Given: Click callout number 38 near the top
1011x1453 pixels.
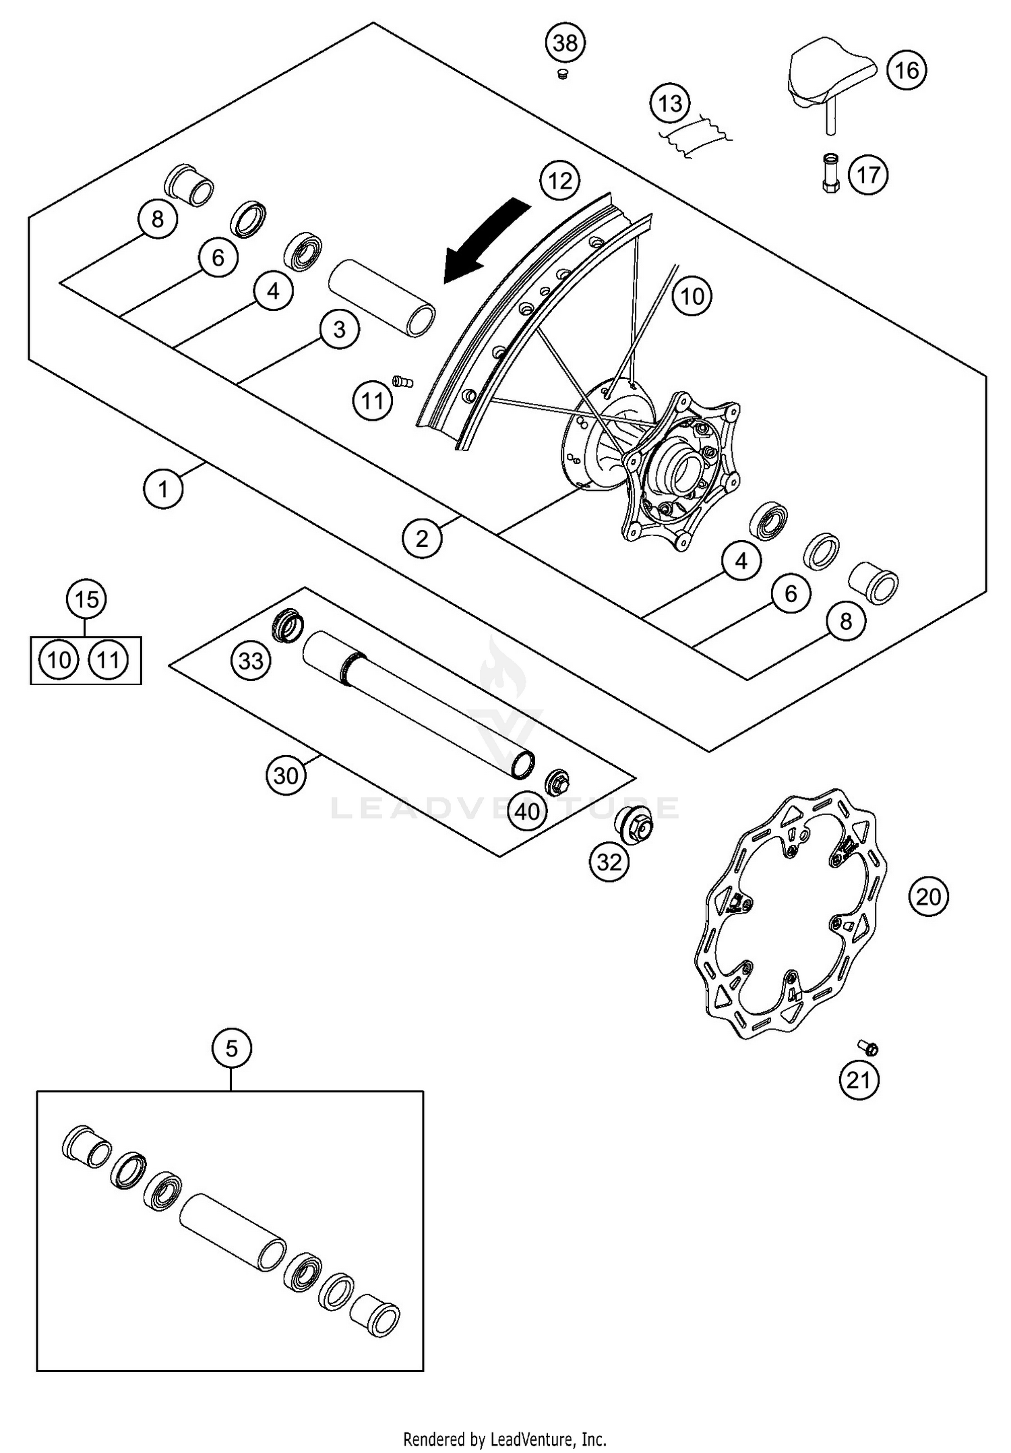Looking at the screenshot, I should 565,43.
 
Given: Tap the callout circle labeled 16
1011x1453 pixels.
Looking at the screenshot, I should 907,70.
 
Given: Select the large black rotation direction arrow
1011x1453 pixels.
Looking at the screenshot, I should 484,241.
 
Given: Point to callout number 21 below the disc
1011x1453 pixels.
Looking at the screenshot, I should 859,1080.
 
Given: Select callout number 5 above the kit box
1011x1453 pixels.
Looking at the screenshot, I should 231,1048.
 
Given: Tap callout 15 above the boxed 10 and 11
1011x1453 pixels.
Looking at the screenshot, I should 86,599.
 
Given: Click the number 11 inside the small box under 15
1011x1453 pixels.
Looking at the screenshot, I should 109,659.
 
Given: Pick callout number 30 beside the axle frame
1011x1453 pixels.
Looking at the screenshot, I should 285,776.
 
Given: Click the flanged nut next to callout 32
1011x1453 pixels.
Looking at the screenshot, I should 634,824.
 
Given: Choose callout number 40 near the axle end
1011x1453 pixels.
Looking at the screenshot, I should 527,811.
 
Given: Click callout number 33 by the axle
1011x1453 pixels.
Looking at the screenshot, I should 251,661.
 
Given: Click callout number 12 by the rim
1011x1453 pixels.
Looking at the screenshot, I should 560,181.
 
